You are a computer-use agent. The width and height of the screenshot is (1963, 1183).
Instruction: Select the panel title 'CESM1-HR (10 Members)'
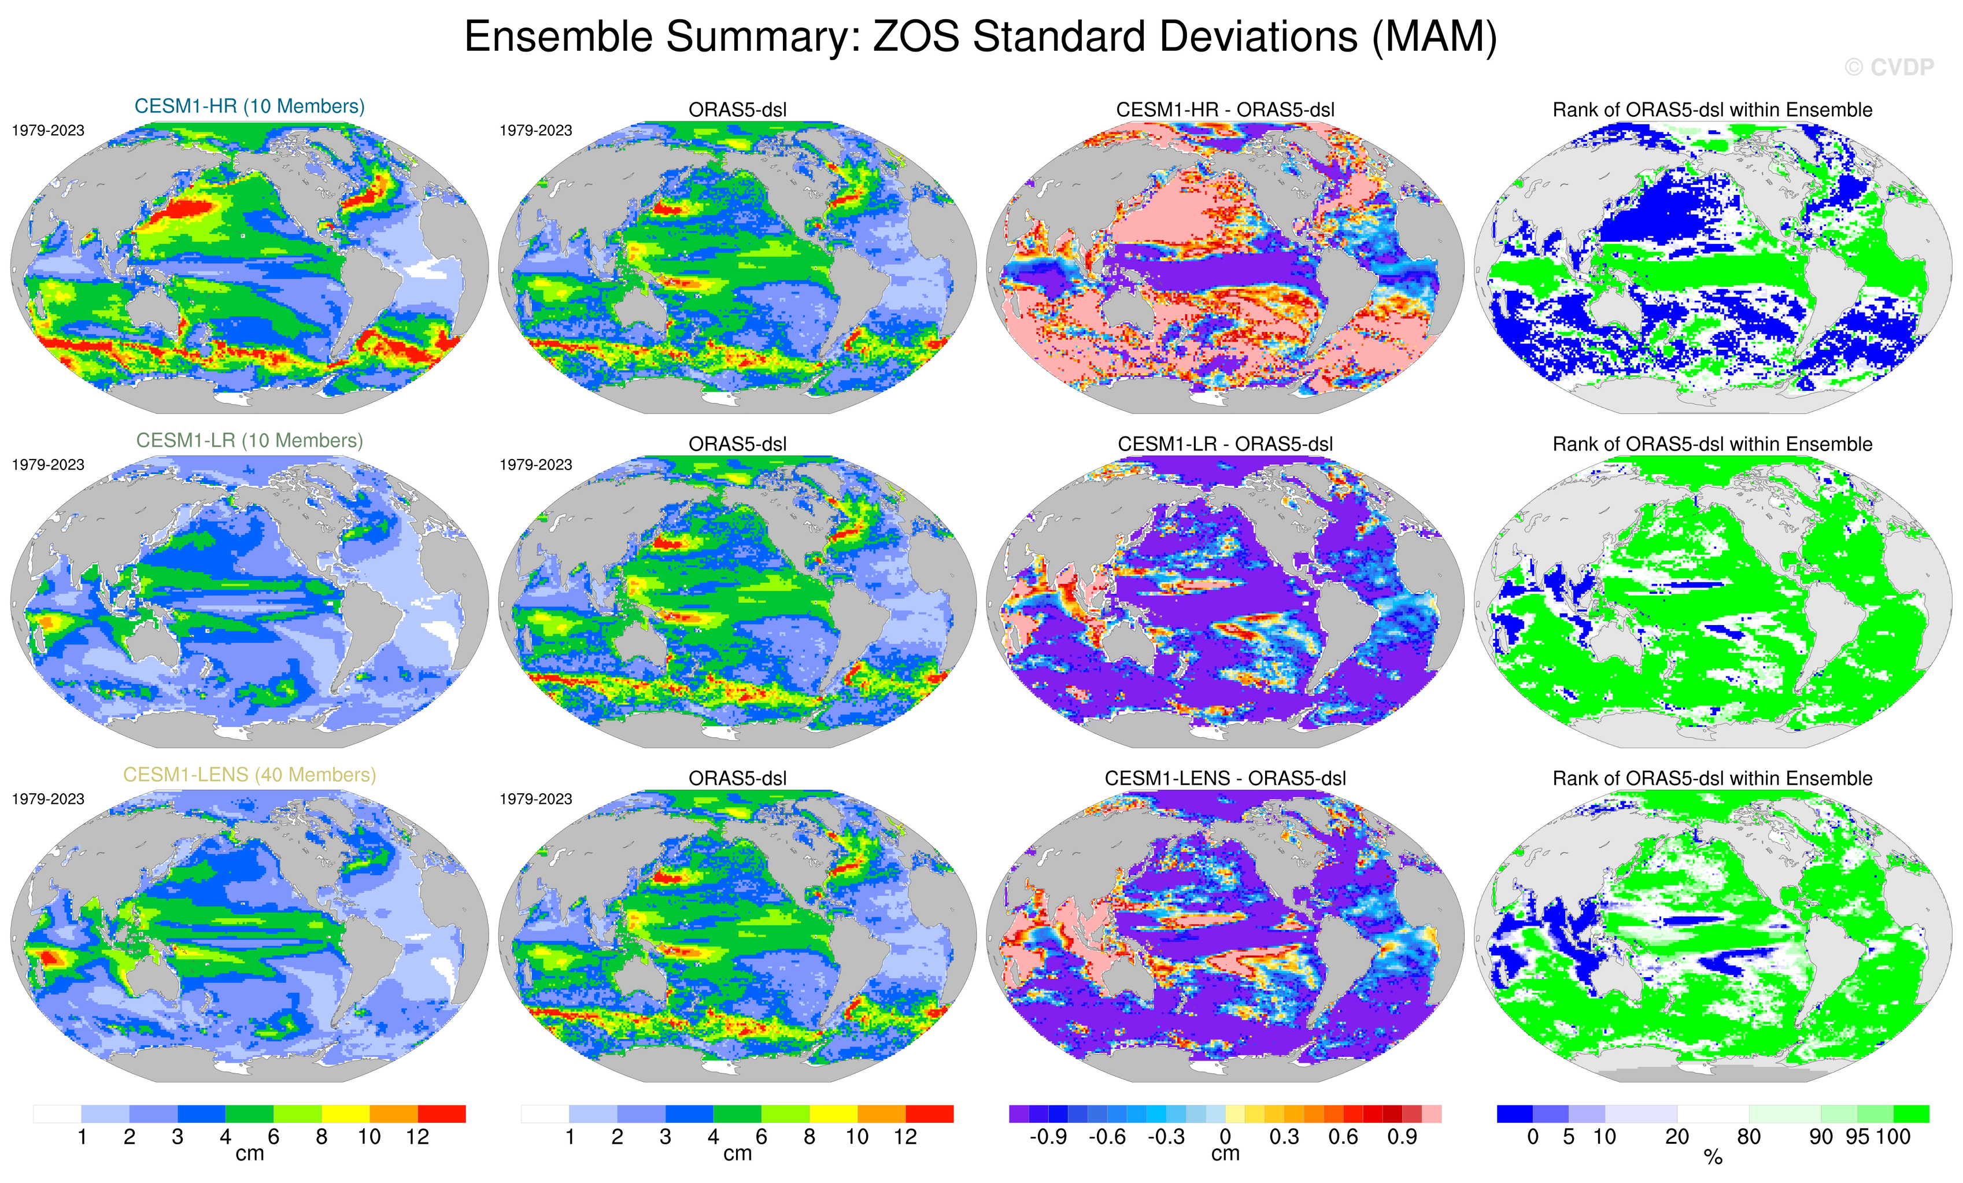point(249,107)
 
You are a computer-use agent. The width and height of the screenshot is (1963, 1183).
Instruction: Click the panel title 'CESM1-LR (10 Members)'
point(249,441)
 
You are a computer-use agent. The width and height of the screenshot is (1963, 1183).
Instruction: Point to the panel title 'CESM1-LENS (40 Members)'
point(249,775)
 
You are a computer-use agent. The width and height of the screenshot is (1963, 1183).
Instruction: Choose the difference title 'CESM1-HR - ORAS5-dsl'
point(1225,110)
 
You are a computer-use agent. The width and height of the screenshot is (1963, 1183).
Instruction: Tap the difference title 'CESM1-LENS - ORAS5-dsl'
point(1225,778)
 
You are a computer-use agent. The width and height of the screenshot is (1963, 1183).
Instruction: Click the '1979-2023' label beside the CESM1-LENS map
point(48,799)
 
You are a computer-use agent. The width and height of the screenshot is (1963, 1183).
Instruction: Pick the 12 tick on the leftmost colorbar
point(417,1137)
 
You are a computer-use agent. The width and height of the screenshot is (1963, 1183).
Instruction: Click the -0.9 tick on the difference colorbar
point(1048,1137)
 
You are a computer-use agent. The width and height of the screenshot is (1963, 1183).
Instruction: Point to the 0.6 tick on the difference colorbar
point(1343,1137)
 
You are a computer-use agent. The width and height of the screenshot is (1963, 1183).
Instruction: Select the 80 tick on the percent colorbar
point(1748,1137)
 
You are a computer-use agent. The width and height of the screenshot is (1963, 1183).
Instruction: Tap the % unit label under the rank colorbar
point(1713,1158)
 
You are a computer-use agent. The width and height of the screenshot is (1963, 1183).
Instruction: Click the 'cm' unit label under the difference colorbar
point(1225,1154)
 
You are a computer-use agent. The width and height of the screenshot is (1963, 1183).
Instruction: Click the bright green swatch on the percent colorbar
point(1911,1114)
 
